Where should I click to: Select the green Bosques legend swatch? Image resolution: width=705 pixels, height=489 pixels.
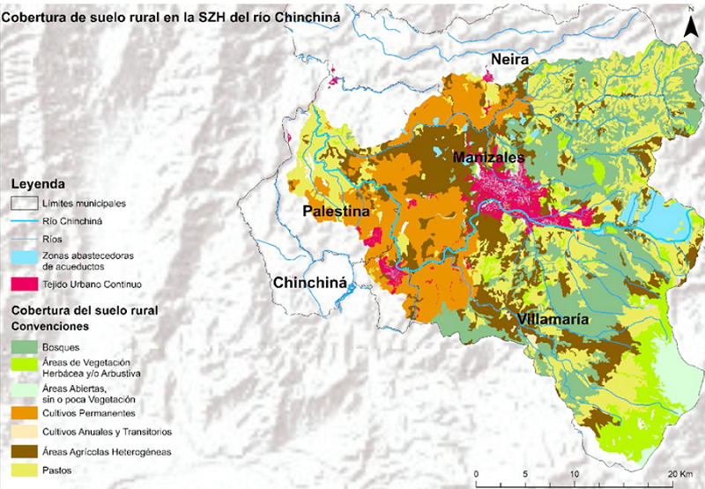pyautogui.click(x=20, y=347)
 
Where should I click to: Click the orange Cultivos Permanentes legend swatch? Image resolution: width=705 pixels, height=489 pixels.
pyautogui.click(x=20, y=411)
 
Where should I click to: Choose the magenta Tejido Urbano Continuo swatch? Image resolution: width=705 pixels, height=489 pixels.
pyautogui.click(x=20, y=284)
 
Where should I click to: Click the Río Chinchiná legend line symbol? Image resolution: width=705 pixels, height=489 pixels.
pyautogui.click(x=20, y=221)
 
